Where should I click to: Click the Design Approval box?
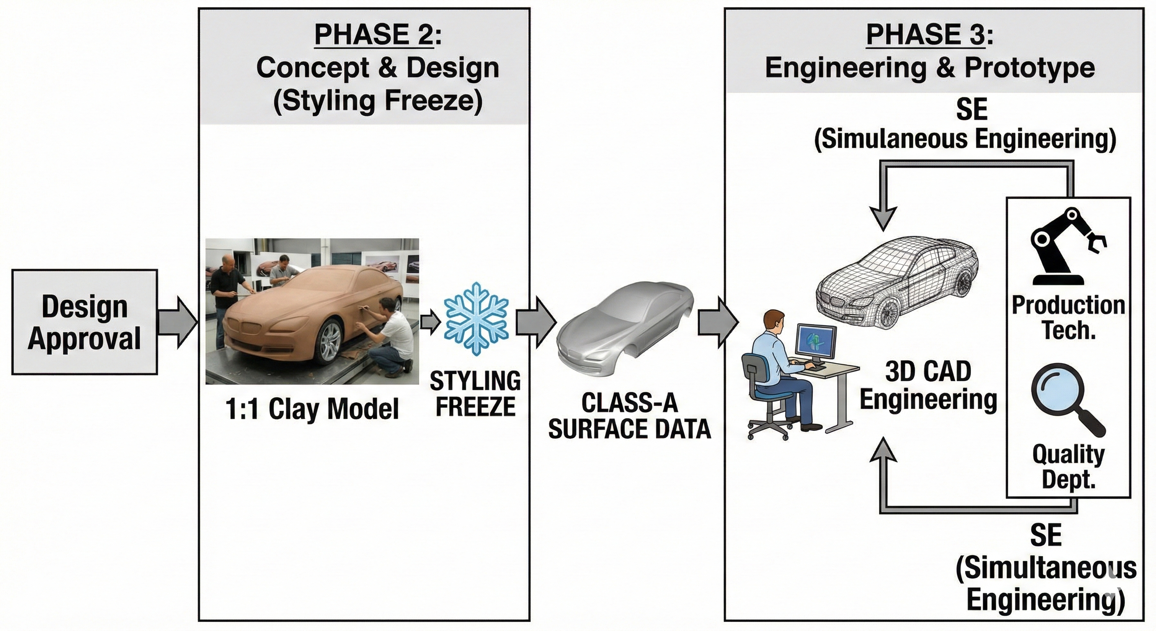coord(85,322)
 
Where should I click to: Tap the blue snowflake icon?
coord(476,319)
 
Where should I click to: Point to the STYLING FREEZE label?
coord(475,394)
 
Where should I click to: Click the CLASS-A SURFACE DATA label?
coord(629,416)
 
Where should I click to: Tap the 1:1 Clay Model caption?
coord(312,409)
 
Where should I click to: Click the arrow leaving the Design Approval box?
coord(178,322)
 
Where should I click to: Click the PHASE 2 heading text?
coord(377,35)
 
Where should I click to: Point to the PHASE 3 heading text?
coord(929,35)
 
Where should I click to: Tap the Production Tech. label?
coord(1068,318)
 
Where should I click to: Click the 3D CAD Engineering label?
coord(928,385)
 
